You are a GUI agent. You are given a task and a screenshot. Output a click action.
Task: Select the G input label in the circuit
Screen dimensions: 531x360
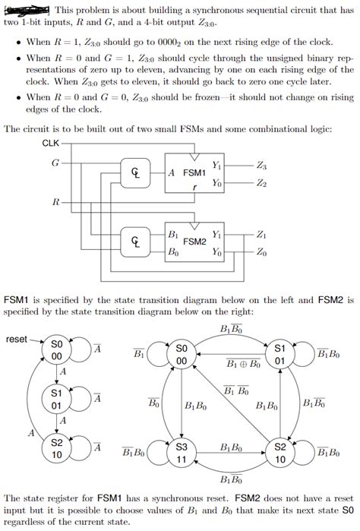(x=54, y=163)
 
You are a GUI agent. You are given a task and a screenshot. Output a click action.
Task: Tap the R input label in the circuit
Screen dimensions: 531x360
(x=55, y=202)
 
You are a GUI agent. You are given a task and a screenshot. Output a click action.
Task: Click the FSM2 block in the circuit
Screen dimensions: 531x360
(x=196, y=242)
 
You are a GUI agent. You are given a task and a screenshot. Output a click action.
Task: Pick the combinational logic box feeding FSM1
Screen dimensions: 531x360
(x=135, y=173)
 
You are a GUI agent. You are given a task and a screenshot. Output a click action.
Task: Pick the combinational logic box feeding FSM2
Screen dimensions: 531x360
(x=135, y=242)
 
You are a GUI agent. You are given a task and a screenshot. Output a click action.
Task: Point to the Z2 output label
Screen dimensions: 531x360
(x=262, y=183)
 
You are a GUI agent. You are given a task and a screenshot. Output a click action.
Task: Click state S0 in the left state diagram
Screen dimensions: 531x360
(x=56, y=350)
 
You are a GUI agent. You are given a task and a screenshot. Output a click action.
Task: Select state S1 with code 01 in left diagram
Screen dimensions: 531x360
(x=56, y=400)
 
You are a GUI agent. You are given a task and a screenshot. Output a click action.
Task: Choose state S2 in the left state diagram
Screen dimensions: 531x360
(x=56, y=448)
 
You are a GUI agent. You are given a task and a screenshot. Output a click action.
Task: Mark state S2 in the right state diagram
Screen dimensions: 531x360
(x=279, y=454)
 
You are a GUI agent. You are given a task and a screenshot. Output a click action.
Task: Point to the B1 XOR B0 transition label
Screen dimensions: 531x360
(x=243, y=365)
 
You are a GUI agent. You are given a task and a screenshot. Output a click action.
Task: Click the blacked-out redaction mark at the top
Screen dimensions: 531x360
(x=27, y=9)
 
